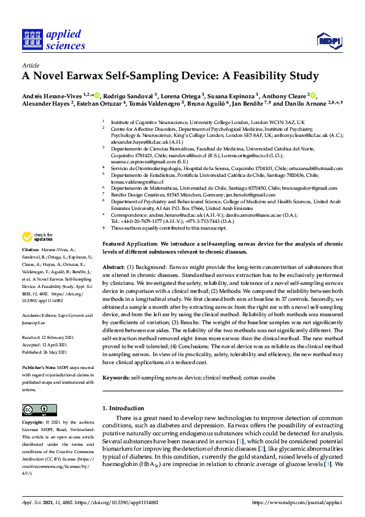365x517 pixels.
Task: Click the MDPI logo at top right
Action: tap(328, 41)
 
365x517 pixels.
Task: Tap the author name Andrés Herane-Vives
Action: tap(52, 96)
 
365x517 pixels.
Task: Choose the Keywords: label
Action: tap(116, 377)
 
